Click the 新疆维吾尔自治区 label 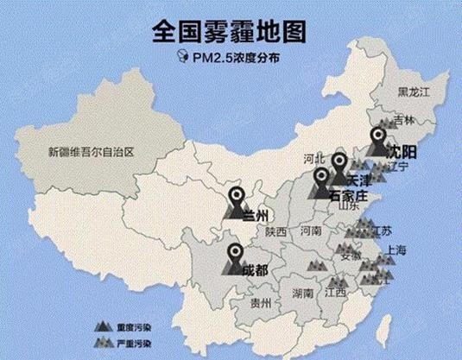point(92,153)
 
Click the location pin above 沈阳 point(378,136)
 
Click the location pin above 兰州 point(236,194)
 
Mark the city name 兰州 point(256,214)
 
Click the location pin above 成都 point(235,255)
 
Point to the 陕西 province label point(276,231)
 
